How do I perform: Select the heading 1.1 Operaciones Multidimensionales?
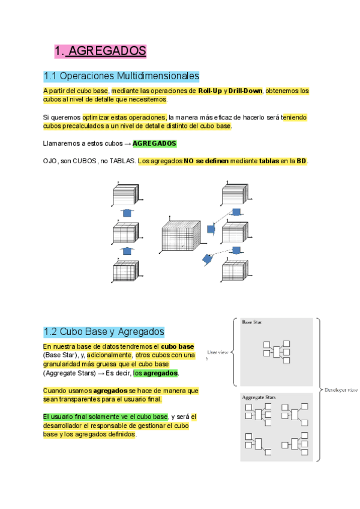121,77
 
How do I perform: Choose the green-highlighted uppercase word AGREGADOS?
154,143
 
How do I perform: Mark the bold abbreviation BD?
301,161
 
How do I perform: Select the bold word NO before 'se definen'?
189,161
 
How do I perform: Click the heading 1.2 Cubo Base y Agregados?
104,331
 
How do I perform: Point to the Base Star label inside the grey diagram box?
251,322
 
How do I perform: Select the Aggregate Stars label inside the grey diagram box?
259,397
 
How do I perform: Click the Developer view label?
341,390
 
